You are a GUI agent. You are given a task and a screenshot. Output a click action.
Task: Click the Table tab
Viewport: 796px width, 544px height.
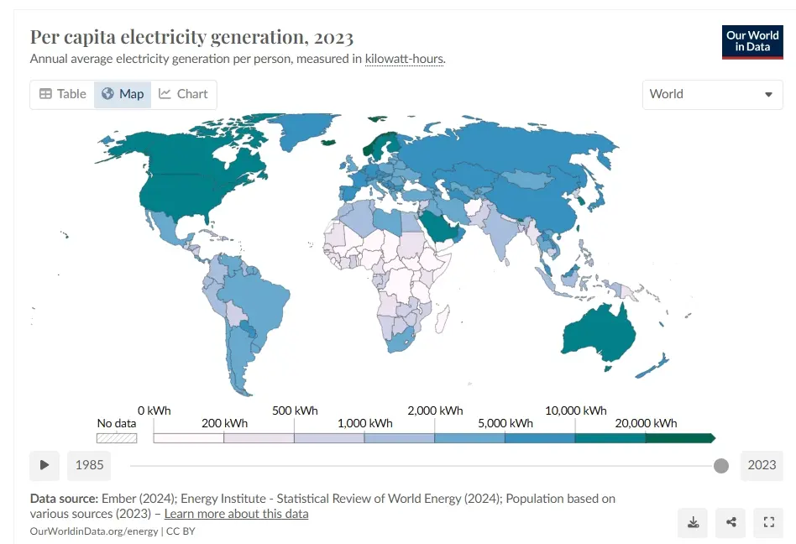[63, 94]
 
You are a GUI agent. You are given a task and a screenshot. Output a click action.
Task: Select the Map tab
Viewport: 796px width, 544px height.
[123, 94]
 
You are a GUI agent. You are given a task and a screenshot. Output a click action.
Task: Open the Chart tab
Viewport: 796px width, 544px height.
[183, 94]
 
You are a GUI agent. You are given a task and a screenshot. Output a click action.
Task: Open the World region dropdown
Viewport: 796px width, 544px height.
[712, 94]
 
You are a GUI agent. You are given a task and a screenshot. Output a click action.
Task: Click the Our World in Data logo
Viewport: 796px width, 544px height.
[752, 42]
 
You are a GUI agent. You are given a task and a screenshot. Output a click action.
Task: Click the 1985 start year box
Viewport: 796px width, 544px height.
[89, 465]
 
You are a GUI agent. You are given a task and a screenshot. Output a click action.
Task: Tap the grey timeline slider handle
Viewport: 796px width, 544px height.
[721, 465]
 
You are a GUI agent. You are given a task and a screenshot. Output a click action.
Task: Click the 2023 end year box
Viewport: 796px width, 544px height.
[762, 465]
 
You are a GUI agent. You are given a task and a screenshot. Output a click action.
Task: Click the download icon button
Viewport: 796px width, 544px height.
[693, 522]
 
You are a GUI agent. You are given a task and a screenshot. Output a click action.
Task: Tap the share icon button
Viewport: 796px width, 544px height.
[731, 522]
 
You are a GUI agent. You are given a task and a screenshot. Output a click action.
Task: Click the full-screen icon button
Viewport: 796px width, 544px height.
[768, 522]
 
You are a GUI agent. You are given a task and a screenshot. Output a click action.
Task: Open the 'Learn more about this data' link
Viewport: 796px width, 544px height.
[236, 514]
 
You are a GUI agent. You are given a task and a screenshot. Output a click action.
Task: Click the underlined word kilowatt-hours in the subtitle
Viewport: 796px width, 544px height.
[404, 59]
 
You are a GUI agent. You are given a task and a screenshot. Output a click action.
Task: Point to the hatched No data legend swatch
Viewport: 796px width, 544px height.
[117, 438]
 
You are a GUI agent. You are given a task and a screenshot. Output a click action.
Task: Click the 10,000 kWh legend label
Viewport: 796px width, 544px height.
[576, 411]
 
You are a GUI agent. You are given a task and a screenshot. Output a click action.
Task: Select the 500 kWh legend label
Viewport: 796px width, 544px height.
[295, 411]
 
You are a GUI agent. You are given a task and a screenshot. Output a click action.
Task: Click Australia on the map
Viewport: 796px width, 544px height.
[599, 332]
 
